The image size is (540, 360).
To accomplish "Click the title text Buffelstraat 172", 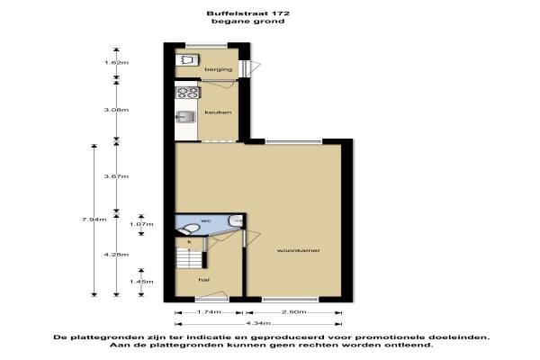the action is point(248,13).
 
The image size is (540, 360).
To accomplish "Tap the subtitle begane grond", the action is point(248,21).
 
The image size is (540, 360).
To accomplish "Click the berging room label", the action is point(219,69).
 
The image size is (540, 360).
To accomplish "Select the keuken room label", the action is point(218,112).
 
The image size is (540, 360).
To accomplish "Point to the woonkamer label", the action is point(298,250).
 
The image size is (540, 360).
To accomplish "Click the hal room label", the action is point(204,280).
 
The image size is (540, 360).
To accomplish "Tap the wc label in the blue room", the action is point(205,220).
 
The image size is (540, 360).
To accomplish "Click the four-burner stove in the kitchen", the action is point(188,93).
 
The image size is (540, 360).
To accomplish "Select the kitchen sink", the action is point(186,117).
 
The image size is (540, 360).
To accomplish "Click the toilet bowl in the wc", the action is point(189,229).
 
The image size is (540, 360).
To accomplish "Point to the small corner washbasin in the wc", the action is point(236,220).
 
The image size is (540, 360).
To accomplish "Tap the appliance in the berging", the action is point(187,60).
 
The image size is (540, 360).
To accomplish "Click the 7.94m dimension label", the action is point(94,220).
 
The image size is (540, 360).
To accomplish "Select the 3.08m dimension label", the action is point(116,110).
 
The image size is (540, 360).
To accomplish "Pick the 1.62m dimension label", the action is point(116,63).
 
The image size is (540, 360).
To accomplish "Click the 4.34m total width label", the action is point(258,323).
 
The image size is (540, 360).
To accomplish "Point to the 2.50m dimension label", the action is point(293,312).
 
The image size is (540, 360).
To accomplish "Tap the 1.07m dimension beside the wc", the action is point(141,224).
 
